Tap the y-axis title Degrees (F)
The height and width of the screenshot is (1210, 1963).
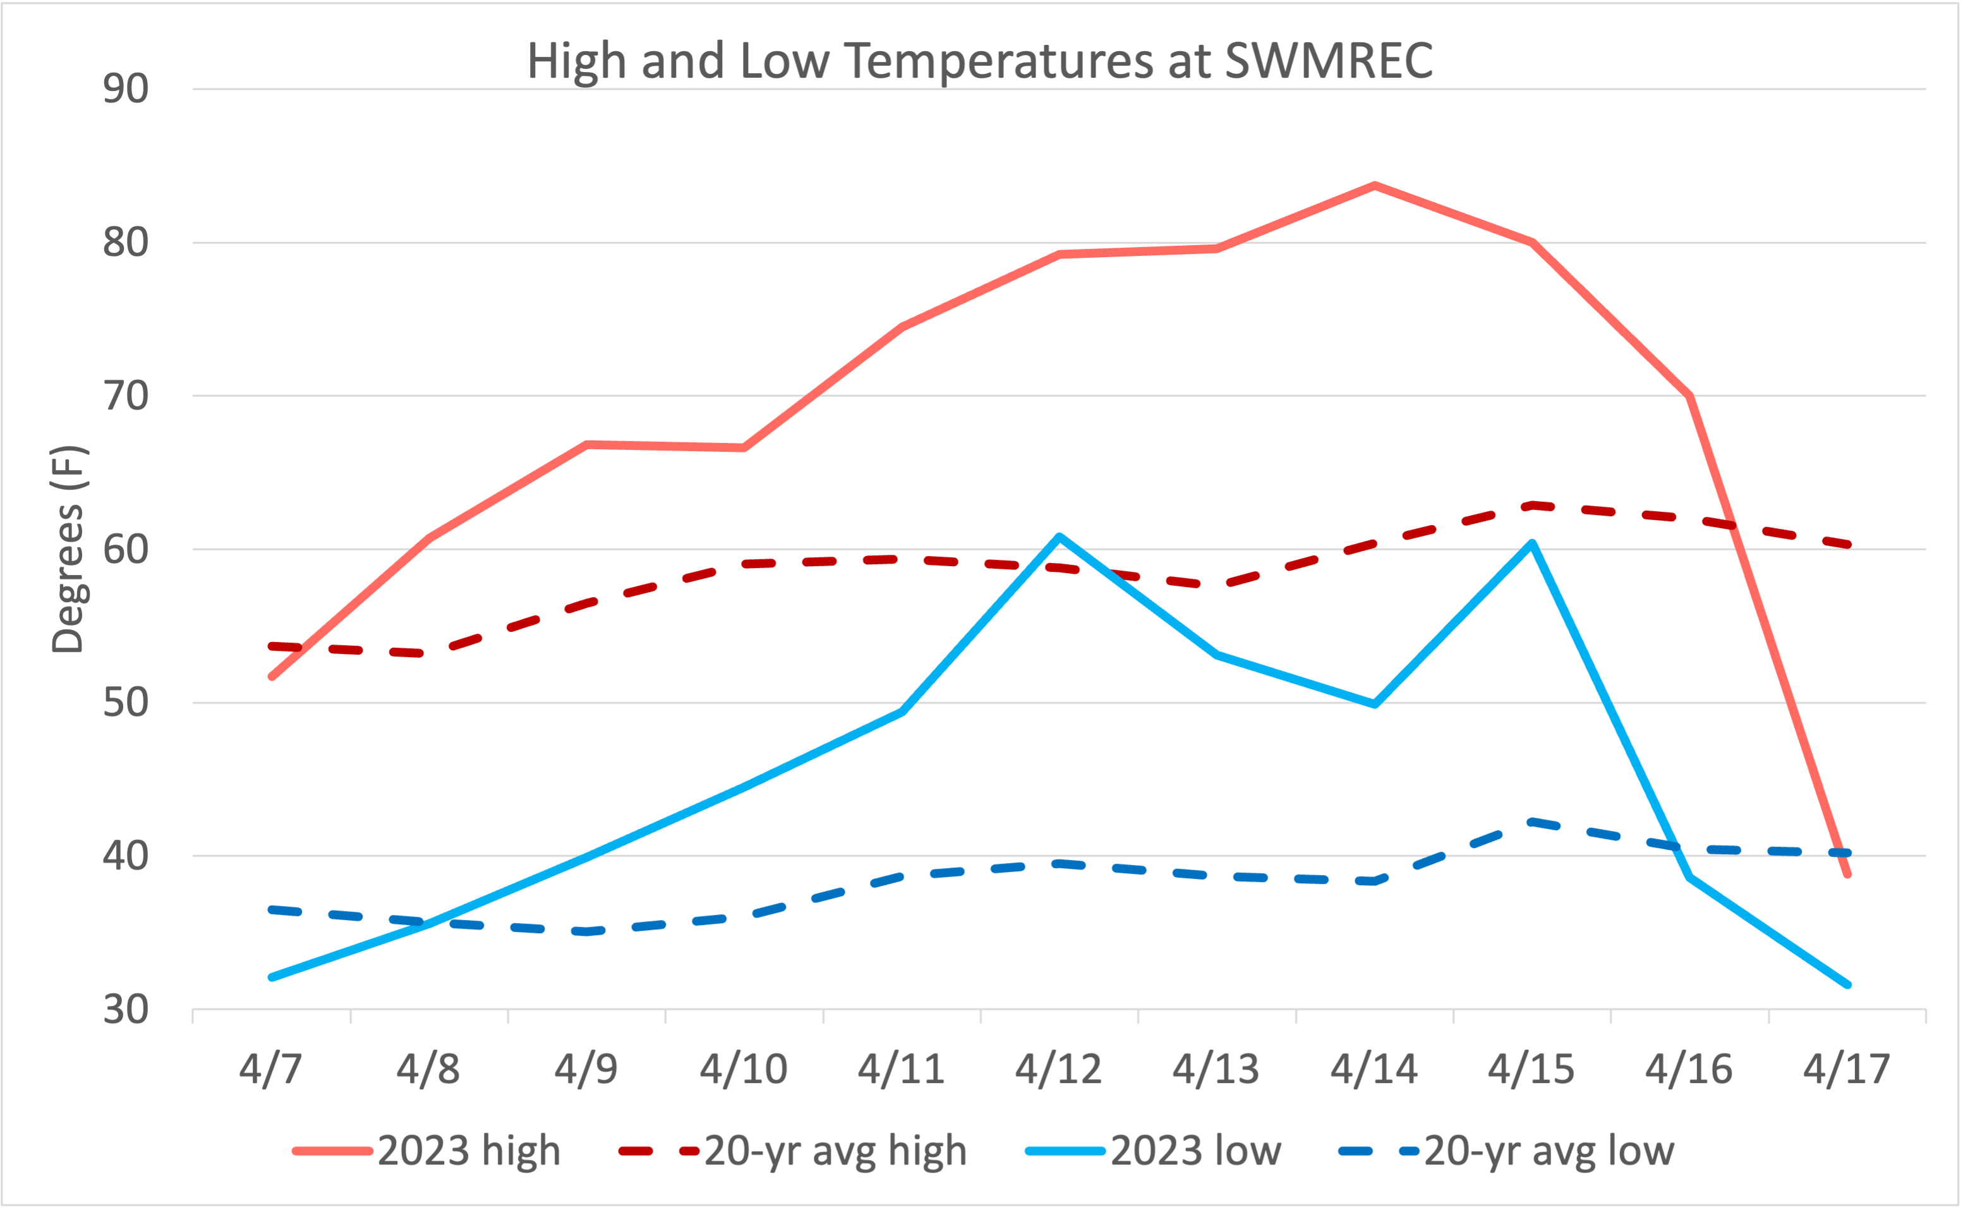point(68,550)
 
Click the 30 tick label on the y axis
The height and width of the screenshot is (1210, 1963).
point(126,1010)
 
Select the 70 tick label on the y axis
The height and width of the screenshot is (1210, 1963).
point(126,396)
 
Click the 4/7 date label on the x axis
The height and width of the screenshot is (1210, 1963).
point(270,1069)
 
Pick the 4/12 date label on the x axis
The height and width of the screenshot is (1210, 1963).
point(1058,1069)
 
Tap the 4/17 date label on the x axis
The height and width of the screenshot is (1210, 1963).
point(1846,1069)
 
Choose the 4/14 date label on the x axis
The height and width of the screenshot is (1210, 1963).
point(1374,1069)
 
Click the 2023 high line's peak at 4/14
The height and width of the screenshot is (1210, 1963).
point(1374,186)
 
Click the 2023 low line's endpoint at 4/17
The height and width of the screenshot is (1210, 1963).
point(1847,985)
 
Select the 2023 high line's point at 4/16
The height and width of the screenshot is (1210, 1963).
point(1689,396)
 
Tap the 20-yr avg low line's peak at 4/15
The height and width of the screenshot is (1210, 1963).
point(1531,822)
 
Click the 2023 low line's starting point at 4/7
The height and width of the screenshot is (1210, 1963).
point(272,977)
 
